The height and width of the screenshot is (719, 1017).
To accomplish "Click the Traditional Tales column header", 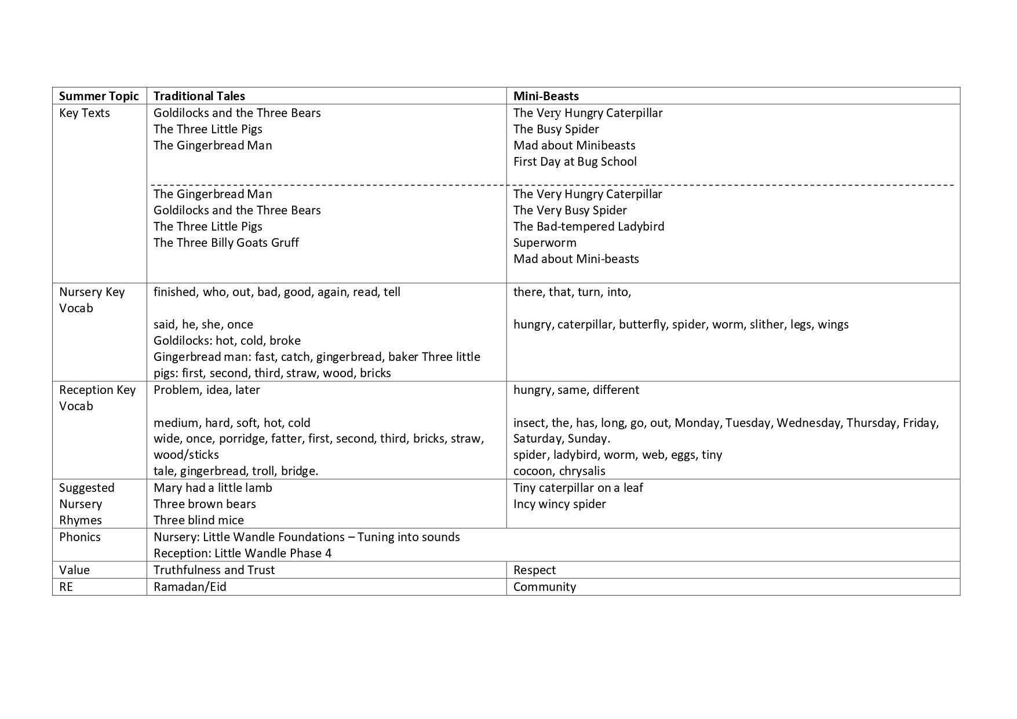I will click(199, 96).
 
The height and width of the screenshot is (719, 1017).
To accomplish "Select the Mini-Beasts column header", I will click(546, 96).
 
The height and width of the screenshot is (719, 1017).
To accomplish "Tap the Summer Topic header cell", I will click(99, 96).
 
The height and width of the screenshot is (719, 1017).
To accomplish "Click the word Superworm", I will click(545, 243).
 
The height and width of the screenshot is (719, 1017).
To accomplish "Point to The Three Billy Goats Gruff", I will click(226, 243).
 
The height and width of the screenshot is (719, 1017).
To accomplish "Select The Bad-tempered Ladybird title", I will click(589, 227).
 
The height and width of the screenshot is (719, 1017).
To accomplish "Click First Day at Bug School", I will click(575, 162).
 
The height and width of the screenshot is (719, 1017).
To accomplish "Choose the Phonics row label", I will click(80, 537).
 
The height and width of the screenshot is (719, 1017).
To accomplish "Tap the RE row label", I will click(66, 587).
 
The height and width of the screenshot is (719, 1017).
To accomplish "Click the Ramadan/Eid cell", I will click(190, 587).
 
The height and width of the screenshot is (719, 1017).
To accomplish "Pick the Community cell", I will click(545, 587).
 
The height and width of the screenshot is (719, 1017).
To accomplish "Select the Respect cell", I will click(534, 570).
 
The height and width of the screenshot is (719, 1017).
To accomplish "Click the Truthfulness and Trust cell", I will click(214, 570).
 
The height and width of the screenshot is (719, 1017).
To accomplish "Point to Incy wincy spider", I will click(559, 504).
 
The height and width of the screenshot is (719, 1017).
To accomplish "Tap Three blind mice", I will click(199, 520).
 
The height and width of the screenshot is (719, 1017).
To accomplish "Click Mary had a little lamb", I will click(213, 488).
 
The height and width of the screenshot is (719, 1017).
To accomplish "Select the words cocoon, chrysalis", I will click(559, 471).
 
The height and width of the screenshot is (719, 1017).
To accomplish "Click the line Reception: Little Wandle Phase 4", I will click(242, 553).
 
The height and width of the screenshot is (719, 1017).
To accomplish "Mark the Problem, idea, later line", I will click(207, 390).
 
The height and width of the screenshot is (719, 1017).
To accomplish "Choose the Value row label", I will click(74, 570).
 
